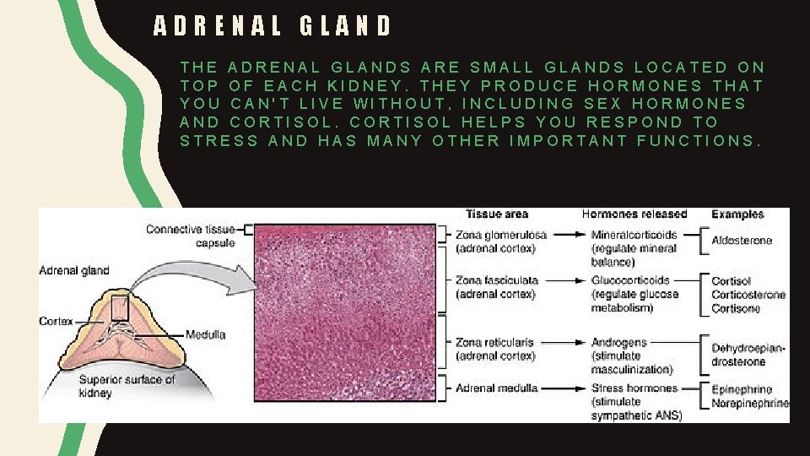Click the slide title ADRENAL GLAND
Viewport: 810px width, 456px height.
273,26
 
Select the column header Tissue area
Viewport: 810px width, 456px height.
496,214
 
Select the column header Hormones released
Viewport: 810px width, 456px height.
634,214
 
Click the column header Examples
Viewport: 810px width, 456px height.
737,214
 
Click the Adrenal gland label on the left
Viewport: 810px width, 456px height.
74,270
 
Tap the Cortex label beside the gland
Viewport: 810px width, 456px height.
56,322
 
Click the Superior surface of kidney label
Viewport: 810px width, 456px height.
127,386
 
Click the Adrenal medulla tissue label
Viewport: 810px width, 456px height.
496,388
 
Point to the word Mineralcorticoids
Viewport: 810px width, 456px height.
631,234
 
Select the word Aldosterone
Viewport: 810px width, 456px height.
742,241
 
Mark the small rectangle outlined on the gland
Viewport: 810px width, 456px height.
120,307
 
